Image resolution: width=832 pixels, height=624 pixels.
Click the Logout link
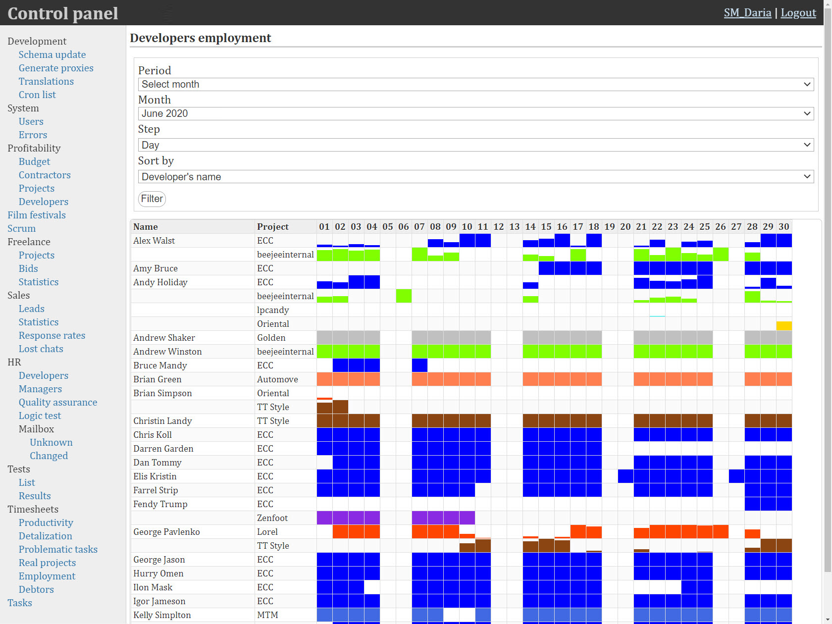click(798, 12)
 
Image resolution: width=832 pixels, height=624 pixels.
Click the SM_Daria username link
click(747, 12)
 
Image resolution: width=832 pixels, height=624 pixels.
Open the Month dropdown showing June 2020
click(476, 113)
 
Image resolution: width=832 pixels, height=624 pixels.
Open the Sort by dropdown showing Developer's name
click(476, 177)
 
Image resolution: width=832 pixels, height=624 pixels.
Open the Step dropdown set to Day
click(476, 145)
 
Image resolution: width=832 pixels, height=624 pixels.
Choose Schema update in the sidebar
click(52, 54)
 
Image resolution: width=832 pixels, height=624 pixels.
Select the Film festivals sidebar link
click(37, 215)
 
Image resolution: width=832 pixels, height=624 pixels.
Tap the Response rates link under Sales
click(52, 335)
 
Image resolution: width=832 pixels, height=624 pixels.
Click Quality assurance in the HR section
click(58, 402)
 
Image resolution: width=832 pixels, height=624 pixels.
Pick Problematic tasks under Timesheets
click(58, 549)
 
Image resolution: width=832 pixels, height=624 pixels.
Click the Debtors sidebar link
click(36, 589)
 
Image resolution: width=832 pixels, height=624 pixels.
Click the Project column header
click(273, 226)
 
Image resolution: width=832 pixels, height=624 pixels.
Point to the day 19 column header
click(610, 226)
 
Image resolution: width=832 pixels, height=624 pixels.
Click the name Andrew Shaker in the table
click(164, 338)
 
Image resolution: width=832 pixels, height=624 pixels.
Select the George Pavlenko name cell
click(166, 531)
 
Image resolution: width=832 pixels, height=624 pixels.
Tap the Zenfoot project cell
click(272, 518)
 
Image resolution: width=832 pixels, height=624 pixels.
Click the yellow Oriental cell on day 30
click(784, 326)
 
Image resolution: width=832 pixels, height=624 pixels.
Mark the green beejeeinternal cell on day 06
click(404, 296)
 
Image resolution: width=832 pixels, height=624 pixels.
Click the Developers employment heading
click(201, 38)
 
